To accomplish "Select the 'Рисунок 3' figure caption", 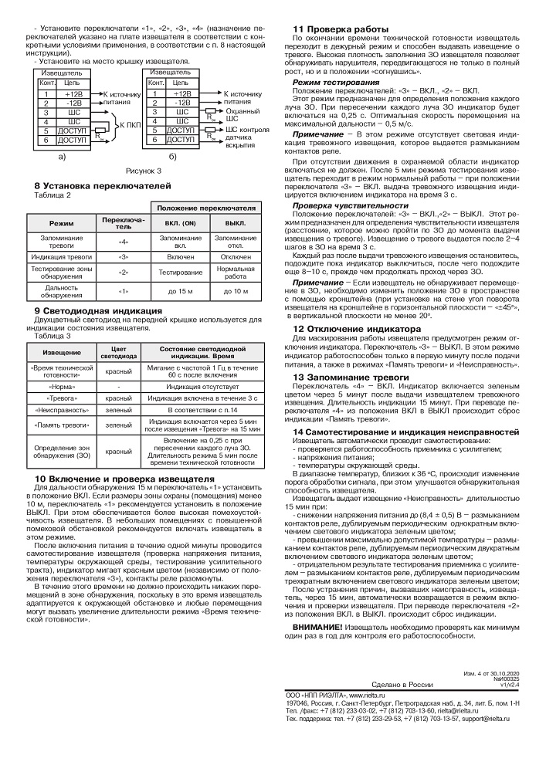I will coord(143,169).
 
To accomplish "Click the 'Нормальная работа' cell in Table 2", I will coord(235,272).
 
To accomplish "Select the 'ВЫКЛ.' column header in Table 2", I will coord(235,222).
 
